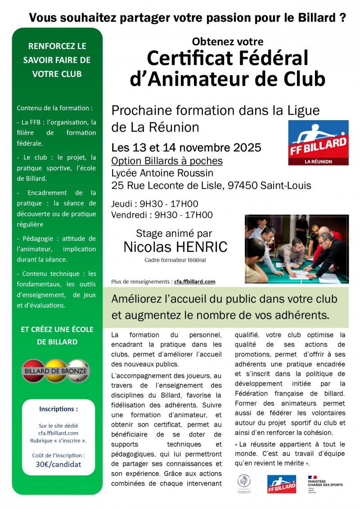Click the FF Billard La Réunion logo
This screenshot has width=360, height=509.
[x=318, y=143]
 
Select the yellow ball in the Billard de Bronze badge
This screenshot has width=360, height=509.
[x=55, y=370]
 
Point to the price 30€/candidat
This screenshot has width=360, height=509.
[x=58, y=464]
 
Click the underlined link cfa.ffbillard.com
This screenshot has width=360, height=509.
[x=194, y=282]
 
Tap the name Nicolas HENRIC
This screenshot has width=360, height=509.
[x=175, y=247]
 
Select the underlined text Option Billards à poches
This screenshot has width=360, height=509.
[x=167, y=161]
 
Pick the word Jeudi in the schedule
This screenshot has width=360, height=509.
[x=123, y=204]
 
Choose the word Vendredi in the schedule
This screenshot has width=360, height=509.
[x=130, y=215]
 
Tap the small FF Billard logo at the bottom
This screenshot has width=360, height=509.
[x=282, y=484]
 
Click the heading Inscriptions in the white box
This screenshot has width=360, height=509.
[x=58, y=409]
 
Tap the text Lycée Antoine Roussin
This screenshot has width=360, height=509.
[x=162, y=173]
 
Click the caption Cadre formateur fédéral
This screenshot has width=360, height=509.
[x=175, y=260]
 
